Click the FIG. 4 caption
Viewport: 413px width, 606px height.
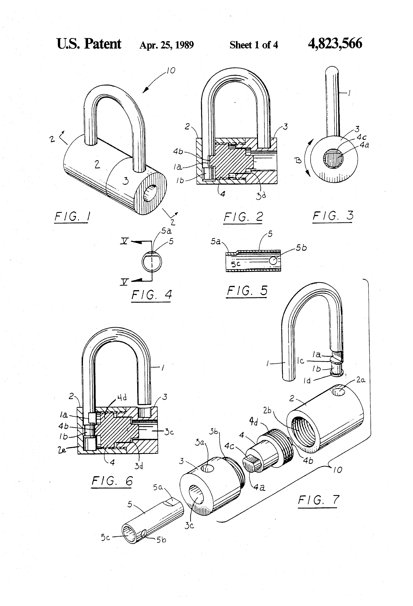point(151,295)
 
